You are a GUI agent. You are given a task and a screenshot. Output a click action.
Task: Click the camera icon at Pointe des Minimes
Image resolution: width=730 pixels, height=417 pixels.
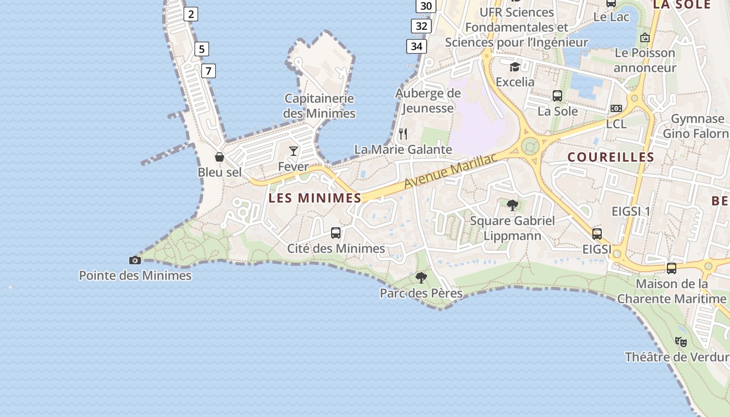pos(135,260)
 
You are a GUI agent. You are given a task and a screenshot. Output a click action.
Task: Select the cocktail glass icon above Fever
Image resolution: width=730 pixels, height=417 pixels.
pos(294,151)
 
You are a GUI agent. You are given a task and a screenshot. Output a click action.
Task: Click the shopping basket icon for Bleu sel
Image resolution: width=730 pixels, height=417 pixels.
pos(220,157)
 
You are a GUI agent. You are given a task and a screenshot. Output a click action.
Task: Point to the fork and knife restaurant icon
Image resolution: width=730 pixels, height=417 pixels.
pos(403,134)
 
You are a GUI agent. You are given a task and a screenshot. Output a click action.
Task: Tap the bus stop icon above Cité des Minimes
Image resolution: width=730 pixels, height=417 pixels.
pos(336,233)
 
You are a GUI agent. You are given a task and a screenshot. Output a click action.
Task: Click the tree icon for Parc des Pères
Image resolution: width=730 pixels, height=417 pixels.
pos(421,278)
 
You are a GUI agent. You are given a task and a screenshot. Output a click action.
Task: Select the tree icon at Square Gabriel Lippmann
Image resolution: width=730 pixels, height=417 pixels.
pos(513,205)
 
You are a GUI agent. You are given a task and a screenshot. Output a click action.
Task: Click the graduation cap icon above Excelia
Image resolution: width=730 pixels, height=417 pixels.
pos(515,67)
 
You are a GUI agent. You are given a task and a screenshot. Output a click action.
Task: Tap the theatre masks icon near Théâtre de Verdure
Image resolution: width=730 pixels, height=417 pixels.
pos(680,342)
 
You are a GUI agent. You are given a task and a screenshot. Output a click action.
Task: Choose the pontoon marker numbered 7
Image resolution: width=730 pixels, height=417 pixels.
pos(208,70)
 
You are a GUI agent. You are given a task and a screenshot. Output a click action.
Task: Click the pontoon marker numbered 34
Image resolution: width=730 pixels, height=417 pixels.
pos(416,46)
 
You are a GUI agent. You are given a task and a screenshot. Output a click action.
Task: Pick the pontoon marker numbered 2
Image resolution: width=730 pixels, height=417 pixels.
pos(191,14)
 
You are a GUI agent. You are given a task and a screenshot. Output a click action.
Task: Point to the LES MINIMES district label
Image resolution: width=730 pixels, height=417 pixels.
pos(315,198)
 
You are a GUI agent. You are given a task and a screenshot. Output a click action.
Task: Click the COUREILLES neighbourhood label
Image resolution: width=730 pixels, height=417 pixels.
pos(611,157)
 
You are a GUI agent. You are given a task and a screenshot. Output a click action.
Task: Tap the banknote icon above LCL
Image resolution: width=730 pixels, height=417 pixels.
pos(616,108)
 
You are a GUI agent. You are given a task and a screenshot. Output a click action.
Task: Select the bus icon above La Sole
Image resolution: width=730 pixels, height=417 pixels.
pos(557,96)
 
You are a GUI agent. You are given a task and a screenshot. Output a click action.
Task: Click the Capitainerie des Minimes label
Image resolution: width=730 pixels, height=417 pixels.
pos(319,106)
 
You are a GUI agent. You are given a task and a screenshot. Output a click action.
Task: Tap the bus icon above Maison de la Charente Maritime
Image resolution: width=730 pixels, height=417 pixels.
pos(672,268)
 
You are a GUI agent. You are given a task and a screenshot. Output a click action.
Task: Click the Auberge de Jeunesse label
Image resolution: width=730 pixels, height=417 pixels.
pos(428,101)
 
